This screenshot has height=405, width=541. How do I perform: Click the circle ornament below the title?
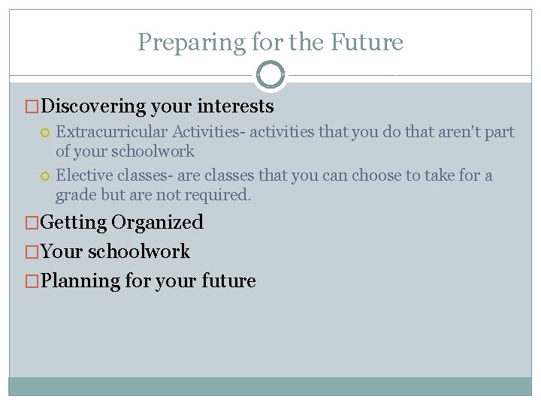[x=270, y=75]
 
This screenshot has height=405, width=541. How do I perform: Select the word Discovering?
[x=92, y=106]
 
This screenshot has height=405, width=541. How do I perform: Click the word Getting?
[x=73, y=223]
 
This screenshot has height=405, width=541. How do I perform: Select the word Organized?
[x=157, y=223]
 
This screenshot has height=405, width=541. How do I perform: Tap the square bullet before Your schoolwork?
[x=31, y=252]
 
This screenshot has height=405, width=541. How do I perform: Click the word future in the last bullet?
[x=228, y=281]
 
